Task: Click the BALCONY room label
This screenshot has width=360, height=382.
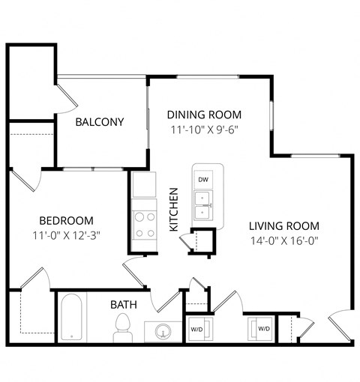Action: point(99,122)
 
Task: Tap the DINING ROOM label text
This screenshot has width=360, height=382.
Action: point(204,115)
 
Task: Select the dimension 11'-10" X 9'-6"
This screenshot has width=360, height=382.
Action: point(204,129)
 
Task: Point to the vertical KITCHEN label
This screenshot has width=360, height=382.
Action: point(173,209)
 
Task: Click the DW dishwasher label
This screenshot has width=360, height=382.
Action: point(203,180)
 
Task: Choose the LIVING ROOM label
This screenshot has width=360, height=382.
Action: point(284,225)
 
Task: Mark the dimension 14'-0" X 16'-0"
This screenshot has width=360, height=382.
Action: point(284,240)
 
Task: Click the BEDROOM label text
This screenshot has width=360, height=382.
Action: point(66,220)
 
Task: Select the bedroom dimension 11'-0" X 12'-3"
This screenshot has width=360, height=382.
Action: point(66,235)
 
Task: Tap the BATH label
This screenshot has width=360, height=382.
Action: point(123,305)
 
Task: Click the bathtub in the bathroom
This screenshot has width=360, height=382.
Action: point(72,318)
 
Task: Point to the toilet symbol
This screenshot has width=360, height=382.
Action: point(123,327)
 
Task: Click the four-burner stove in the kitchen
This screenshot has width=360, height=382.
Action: point(144,224)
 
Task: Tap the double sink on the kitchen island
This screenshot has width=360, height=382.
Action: point(203,204)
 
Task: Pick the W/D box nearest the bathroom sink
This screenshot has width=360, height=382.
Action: point(196,329)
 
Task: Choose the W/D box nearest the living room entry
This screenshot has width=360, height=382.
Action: point(264,329)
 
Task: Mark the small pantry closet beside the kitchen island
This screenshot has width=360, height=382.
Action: point(202,241)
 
